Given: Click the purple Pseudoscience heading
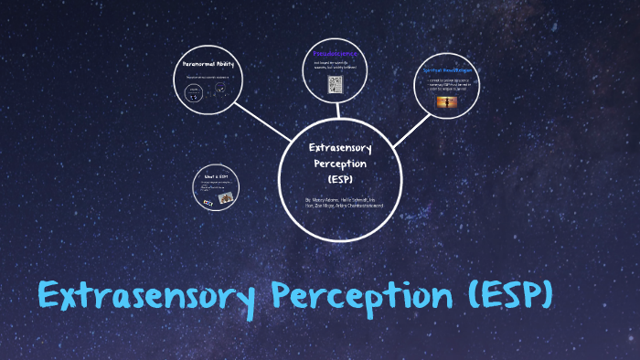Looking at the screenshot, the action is point(335,54).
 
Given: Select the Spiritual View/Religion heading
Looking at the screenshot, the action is point(447,70).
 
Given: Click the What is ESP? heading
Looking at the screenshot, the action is point(216,174).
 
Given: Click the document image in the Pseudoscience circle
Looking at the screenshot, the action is point(335,84).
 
